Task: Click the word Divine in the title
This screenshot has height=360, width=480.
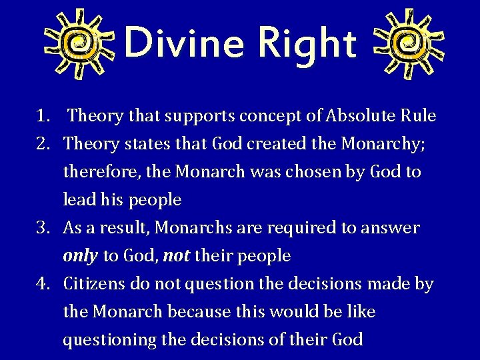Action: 185,42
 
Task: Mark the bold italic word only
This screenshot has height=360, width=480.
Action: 80,256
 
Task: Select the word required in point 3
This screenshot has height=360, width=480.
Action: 303,228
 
